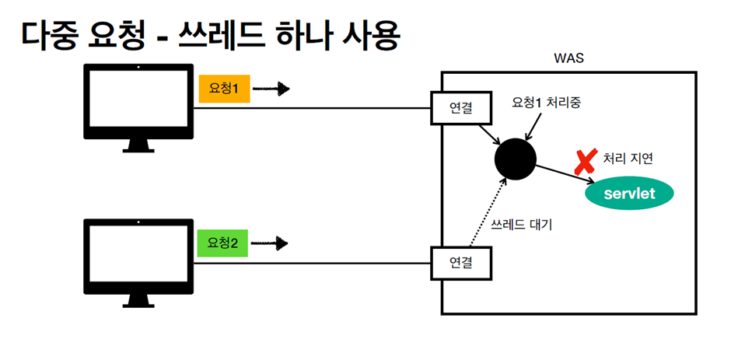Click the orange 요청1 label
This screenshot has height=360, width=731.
point(223,89)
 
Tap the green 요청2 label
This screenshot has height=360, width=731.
point(222,243)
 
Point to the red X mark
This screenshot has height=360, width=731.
point(584,161)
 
